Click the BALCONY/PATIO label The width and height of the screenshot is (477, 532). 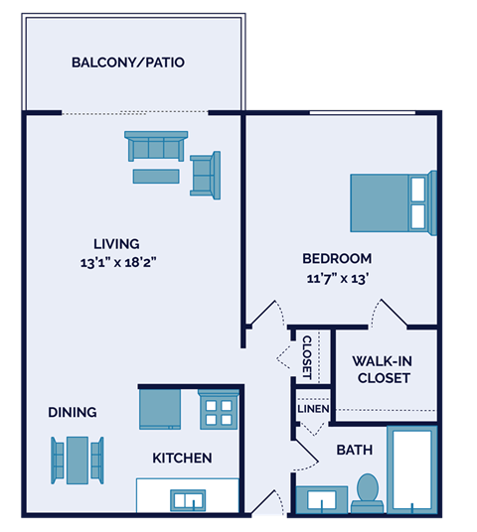coord(127,63)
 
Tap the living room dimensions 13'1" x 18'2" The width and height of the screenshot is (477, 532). coord(116,263)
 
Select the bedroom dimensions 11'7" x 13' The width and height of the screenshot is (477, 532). coord(337,279)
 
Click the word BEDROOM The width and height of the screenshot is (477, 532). coord(337,259)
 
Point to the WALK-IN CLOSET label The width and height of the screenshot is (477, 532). coord(383,369)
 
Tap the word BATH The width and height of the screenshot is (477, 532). coord(354,450)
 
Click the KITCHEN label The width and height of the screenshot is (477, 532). coord(182,458)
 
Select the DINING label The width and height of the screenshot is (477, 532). coord(72,412)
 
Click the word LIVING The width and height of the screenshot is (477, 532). coord(116,243)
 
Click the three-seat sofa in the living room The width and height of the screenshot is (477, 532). coord(156,147)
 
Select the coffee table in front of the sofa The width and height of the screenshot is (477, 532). coord(156,177)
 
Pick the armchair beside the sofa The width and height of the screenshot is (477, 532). coord(206,176)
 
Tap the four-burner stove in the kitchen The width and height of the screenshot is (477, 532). coord(220,408)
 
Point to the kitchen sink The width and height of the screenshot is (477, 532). coord(186,497)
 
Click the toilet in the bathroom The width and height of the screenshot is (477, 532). coord(368,491)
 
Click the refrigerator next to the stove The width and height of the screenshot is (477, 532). coord(159,408)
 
